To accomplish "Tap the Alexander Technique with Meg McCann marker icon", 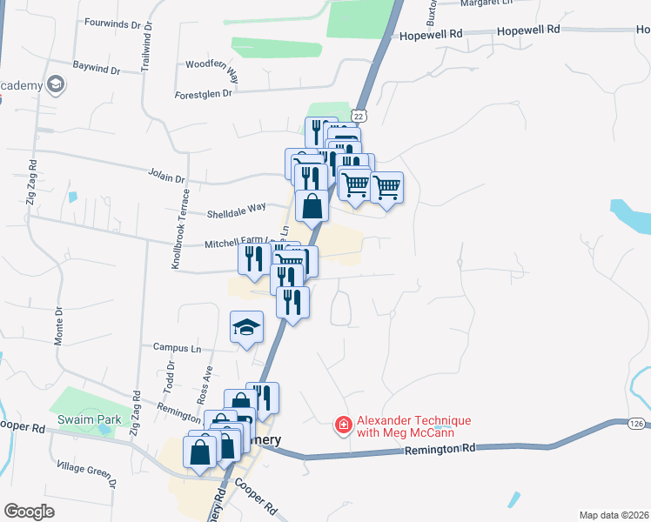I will click(x=344, y=425).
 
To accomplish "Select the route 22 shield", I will click(x=359, y=116).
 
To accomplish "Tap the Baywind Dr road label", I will click(x=97, y=66).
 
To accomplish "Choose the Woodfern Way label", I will click(x=212, y=64).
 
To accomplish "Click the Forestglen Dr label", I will click(x=204, y=93).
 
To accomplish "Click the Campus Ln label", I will click(x=177, y=348).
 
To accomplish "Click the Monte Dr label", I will click(x=59, y=325).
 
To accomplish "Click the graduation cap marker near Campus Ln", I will click(x=246, y=327).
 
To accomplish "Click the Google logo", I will click(x=30, y=512).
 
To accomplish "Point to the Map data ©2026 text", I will click(x=613, y=515).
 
